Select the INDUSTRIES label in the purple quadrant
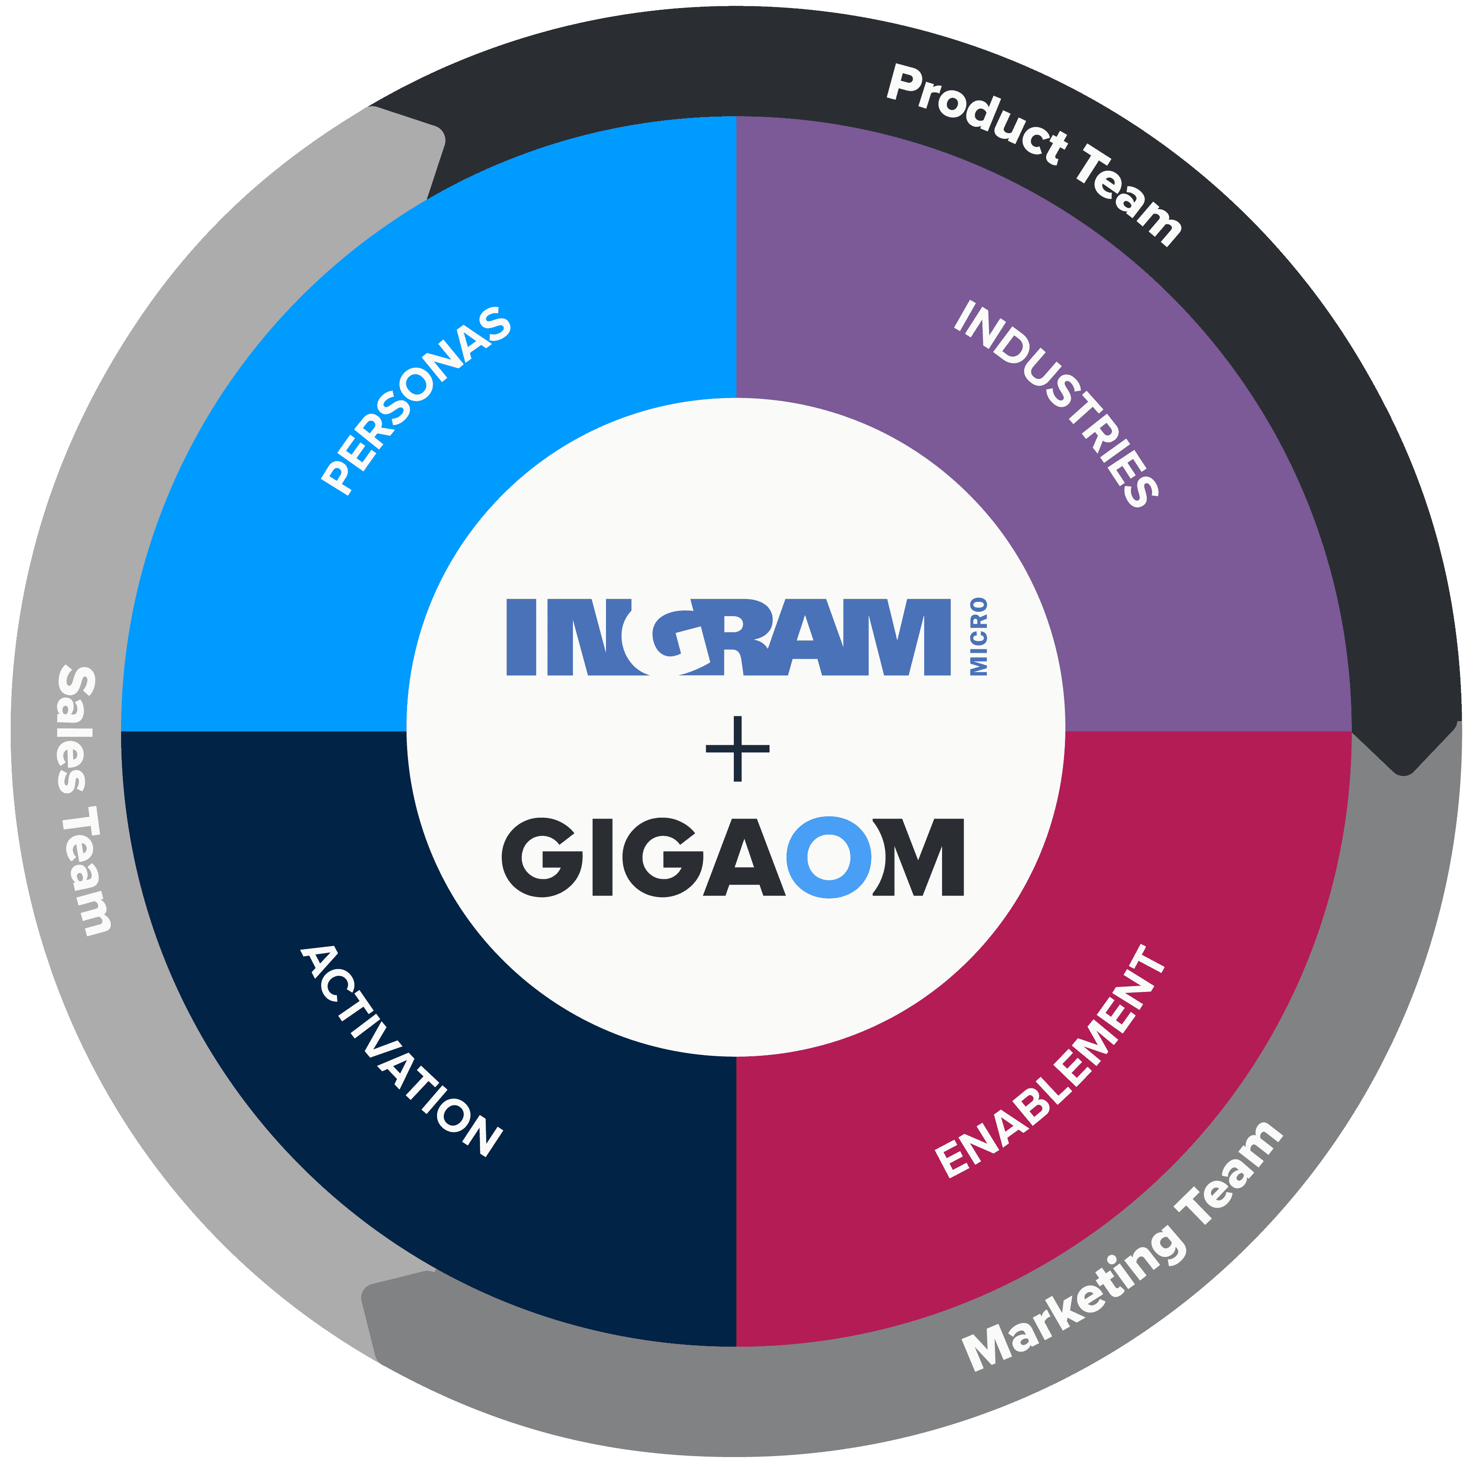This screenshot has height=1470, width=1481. (1056, 403)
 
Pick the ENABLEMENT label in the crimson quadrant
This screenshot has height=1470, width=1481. (1050, 1062)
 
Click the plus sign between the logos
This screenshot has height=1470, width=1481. (737, 749)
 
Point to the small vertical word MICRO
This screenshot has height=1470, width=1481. (979, 637)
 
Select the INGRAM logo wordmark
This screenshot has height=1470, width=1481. (728, 637)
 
